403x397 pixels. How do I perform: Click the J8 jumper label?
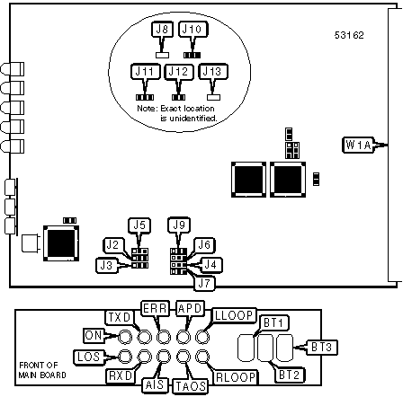tap(162, 30)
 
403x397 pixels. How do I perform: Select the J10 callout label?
tap(193, 30)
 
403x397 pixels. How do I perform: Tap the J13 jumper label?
tap(213, 72)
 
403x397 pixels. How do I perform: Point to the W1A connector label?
tap(358, 145)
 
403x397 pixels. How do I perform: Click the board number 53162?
tap(349, 35)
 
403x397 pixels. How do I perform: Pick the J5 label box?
tap(139, 225)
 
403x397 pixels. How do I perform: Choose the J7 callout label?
tap(204, 284)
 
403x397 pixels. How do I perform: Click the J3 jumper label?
tap(107, 265)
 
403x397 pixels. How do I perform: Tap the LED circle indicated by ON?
tap(125, 338)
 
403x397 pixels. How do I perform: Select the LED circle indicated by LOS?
tap(125, 357)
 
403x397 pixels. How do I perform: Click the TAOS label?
tap(190, 386)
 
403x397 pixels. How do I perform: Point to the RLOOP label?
tap(236, 377)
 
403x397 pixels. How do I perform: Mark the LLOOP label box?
tap(234, 315)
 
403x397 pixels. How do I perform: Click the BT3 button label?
tap(321, 348)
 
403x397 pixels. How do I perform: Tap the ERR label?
tap(155, 308)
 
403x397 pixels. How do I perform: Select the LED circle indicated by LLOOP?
tap(202, 338)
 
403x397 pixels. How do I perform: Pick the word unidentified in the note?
tap(193, 119)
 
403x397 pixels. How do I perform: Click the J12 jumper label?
tap(179, 72)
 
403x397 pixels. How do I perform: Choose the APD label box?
tap(190, 308)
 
